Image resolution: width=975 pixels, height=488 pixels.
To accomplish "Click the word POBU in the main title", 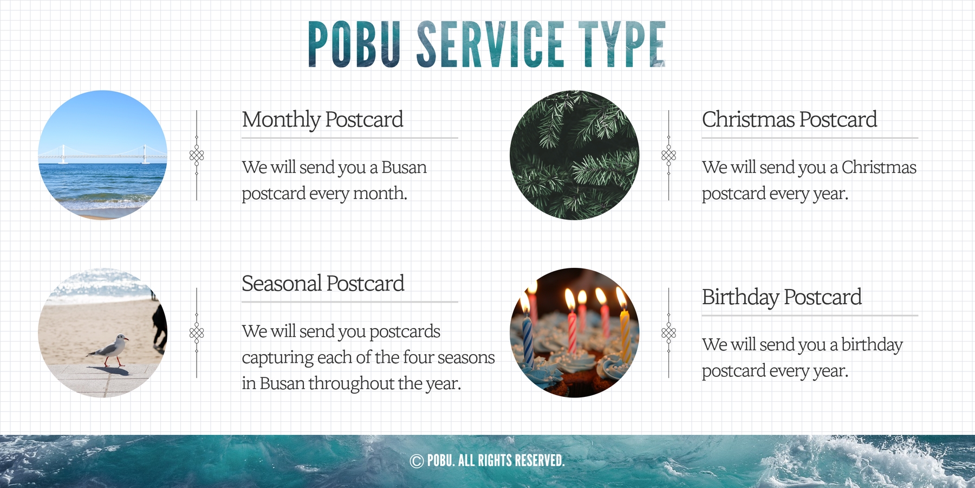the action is [355, 44].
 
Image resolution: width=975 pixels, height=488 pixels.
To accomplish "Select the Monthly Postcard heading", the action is [322, 120].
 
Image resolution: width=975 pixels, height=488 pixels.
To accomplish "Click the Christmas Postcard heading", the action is [789, 119].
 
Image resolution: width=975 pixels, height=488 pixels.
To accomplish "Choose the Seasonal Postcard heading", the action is [323, 283].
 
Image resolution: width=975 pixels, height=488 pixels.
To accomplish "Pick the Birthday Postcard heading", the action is [782, 297].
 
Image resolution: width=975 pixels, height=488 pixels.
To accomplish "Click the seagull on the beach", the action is [109, 350].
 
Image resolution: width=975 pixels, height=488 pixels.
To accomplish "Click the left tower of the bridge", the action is [63, 153].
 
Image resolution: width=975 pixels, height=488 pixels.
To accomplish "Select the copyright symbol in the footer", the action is [417, 461].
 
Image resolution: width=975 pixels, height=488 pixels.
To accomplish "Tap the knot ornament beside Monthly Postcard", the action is [197, 156].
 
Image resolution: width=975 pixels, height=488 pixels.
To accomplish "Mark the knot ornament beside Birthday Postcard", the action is [669, 332].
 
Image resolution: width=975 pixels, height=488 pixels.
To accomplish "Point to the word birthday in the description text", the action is [872, 345].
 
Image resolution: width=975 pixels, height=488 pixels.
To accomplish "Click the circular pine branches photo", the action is [574, 155].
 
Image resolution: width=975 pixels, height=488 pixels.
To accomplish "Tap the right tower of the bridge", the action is [145, 153].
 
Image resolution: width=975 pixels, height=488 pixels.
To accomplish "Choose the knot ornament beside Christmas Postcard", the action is [669, 156].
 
